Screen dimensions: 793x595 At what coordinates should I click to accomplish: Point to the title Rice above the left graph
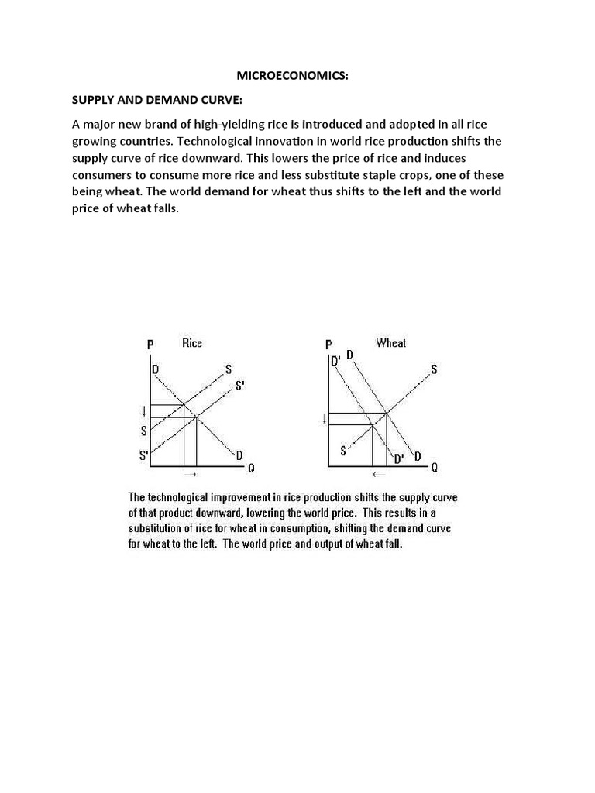pyautogui.click(x=191, y=343)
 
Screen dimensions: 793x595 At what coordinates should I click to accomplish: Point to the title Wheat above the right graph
pyautogui.click(x=390, y=343)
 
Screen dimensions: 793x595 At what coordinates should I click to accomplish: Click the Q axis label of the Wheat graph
pyautogui.click(x=435, y=467)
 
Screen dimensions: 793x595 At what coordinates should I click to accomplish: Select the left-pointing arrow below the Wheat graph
pyautogui.click(x=380, y=473)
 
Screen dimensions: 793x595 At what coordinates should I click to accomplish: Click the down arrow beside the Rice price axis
pyautogui.click(x=143, y=411)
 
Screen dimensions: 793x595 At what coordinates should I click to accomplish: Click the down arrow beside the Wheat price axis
pyautogui.click(x=322, y=421)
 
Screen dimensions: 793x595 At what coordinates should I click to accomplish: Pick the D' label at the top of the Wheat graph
pyautogui.click(x=335, y=361)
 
